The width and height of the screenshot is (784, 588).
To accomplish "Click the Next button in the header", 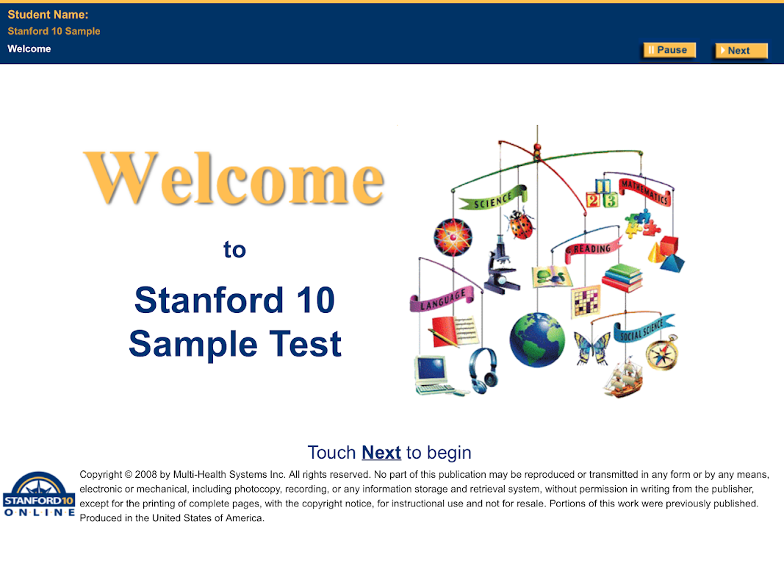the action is (x=741, y=51).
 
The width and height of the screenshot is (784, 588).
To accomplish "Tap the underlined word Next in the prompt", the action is (x=381, y=453).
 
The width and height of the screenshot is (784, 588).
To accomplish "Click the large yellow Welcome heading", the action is (x=234, y=179).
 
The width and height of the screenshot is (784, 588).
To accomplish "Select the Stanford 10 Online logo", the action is (x=39, y=494).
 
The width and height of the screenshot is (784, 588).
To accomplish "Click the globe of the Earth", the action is (x=537, y=340).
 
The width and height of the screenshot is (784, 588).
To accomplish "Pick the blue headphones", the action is (x=483, y=370).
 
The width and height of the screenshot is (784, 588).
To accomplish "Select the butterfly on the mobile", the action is (x=593, y=348).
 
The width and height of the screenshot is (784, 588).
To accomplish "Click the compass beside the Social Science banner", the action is (x=662, y=353).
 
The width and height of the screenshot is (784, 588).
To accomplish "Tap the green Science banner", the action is (x=493, y=198).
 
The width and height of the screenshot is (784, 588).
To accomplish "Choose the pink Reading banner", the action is (x=593, y=249).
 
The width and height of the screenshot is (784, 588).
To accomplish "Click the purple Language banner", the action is (x=442, y=299).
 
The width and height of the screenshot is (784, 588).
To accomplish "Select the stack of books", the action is (x=622, y=278).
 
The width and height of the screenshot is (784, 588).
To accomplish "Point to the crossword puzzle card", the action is (x=586, y=301).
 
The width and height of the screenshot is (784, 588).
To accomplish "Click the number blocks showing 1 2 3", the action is (x=602, y=195).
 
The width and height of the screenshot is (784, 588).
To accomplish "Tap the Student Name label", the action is (x=48, y=15).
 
